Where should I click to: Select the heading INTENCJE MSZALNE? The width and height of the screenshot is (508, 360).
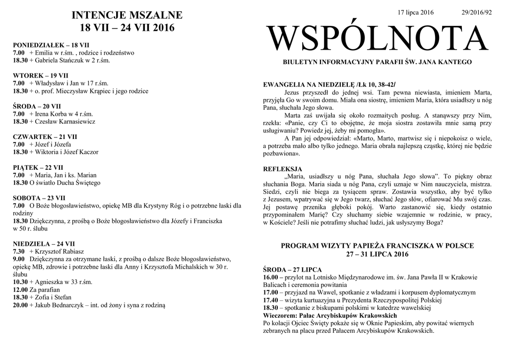pyautogui.click(x=127, y=15)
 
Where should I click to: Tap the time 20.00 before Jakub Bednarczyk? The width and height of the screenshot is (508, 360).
pyautogui.click(x=20, y=305)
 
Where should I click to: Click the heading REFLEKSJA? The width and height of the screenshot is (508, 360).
pyautogui.click(x=282, y=169)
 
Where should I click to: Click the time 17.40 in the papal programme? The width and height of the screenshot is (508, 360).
pyautogui.click(x=271, y=300)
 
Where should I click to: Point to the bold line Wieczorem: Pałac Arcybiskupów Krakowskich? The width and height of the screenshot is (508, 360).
pyautogui.click(x=330, y=315)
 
